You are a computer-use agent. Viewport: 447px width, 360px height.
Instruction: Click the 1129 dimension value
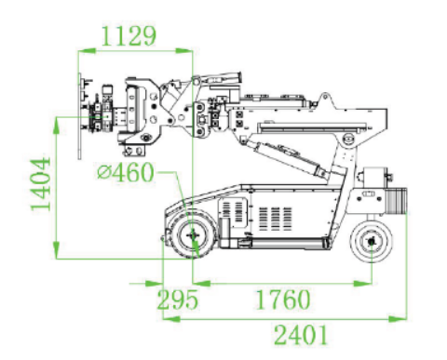pyautogui.click(x=129, y=36)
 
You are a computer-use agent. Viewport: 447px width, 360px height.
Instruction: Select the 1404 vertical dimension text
pyautogui.click(x=41, y=184)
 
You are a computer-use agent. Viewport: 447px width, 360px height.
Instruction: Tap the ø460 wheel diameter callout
pyautogui.click(x=126, y=172)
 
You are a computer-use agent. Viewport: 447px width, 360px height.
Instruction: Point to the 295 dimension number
pyautogui.click(x=177, y=300)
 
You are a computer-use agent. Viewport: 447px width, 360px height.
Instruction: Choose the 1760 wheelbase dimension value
pyautogui.click(x=283, y=300)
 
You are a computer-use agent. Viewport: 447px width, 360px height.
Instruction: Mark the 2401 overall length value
pyautogui.click(x=301, y=335)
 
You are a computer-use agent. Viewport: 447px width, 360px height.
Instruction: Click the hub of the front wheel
pyautogui.click(x=193, y=235)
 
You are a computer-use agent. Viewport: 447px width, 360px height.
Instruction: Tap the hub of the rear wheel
pyautogui.click(x=372, y=241)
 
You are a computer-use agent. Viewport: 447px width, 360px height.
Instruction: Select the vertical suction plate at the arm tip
pyautogui.click(x=80, y=116)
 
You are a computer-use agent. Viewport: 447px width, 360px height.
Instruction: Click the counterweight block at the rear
pyautogui.click(x=396, y=200)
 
